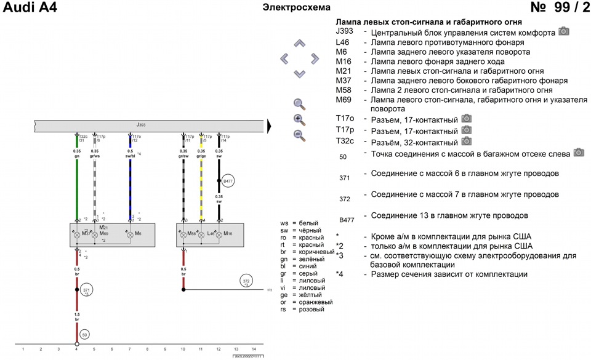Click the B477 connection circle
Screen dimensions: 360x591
(228, 182)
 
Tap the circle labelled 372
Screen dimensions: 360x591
(246, 281)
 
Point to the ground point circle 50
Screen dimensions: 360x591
(85, 334)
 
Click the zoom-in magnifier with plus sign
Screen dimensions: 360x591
(299, 120)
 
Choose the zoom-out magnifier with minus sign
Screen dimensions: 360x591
(299, 135)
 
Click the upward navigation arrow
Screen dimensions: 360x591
(300, 44)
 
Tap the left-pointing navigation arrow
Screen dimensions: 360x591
(285, 59)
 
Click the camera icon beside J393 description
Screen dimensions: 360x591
(563, 31)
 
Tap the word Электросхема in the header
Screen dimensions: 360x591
(296, 7)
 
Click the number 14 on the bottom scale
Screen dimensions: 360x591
(254, 349)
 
